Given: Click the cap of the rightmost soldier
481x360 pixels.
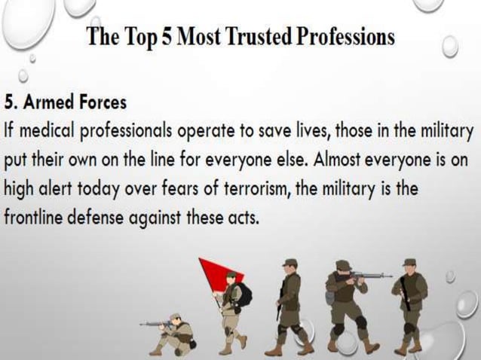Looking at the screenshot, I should click(x=409, y=262).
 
